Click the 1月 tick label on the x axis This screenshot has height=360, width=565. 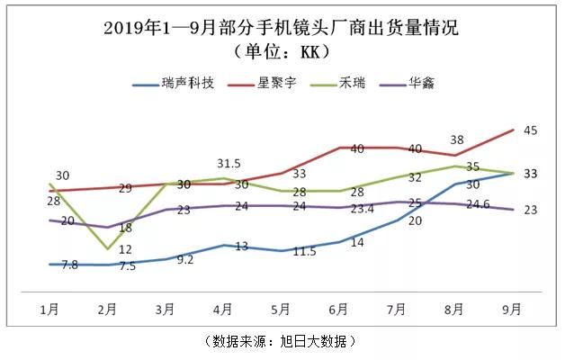[x=49, y=310]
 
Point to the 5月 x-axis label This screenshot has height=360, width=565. [x=281, y=310]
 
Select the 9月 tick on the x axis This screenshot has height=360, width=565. [x=512, y=310]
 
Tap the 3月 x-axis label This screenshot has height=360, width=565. [x=166, y=310]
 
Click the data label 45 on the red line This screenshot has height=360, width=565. [x=530, y=131]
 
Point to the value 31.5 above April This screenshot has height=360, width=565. [x=229, y=164]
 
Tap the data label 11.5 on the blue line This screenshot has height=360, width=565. [x=305, y=251]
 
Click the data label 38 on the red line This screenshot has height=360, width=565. [x=457, y=140]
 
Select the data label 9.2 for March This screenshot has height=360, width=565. [x=185, y=259]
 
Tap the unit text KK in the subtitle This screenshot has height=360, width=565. [x=305, y=50]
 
